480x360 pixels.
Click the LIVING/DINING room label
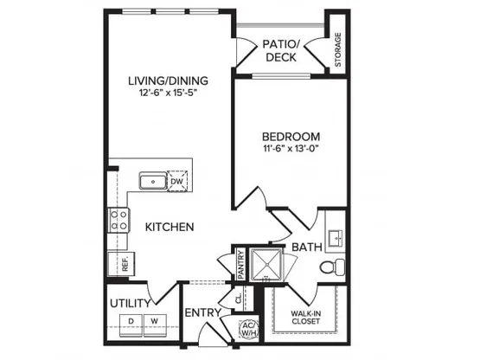(x=168, y=80)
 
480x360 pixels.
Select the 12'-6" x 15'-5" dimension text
(x=168, y=93)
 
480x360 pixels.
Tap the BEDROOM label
(x=291, y=137)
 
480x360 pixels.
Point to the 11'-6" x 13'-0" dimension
(x=291, y=149)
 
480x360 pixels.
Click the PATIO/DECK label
(x=281, y=50)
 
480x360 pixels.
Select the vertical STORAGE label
(x=338, y=49)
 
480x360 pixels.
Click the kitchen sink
(x=153, y=181)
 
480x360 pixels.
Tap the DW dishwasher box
(x=177, y=181)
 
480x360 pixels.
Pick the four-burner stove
(x=119, y=220)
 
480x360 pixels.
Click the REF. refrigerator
(x=121, y=263)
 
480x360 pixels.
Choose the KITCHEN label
(x=170, y=227)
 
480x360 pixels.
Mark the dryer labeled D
(x=131, y=325)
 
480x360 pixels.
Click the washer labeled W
(x=155, y=325)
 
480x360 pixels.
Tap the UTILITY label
(x=131, y=304)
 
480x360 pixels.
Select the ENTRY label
(x=203, y=312)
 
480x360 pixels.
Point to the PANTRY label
(x=241, y=265)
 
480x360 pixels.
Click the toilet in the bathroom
(x=332, y=267)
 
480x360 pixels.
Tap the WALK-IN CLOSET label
(x=305, y=318)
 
